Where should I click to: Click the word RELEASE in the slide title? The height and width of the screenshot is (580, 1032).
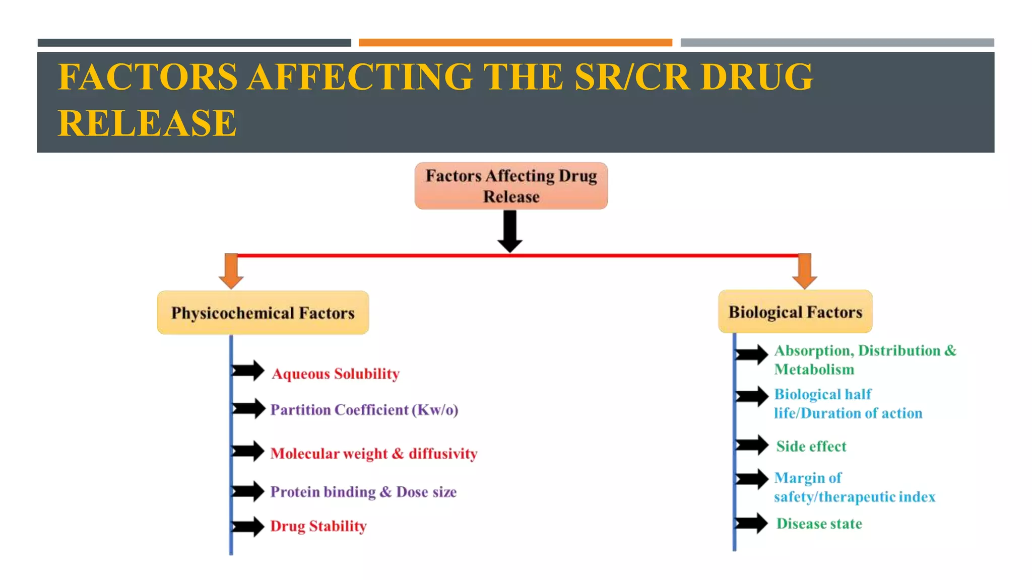tap(147, 123)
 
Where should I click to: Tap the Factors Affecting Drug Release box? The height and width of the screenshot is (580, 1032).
tap(511, 186)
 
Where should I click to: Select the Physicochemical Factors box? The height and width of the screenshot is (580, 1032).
tap(263, 313)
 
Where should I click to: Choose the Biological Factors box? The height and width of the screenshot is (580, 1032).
tap(795, 312)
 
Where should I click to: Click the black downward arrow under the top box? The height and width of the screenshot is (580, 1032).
tap(510, 232)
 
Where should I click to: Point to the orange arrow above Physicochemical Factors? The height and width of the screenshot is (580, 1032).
tap(231, 271)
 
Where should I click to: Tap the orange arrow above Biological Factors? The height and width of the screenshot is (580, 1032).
tap(805, 271)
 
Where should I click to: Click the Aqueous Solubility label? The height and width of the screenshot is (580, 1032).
tap(336, 374)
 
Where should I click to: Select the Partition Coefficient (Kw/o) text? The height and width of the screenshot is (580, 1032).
tap(364, 410)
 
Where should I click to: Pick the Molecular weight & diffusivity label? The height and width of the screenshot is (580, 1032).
tap(373, 454)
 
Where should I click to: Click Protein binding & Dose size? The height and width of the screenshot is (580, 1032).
tap(363, 492)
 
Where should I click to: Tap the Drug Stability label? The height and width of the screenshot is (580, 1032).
tap(318, 526)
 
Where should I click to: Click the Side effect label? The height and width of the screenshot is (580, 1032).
tap(811, 447)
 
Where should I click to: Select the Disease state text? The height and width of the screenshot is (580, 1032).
tap(819, 524)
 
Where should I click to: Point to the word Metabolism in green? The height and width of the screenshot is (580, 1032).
tap(814, 370)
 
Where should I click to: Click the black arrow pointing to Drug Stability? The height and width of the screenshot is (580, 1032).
tap(248, 527)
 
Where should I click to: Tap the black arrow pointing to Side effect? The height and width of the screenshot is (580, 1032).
tap(752, 445)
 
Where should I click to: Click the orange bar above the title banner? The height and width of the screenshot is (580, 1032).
tap(515, 43)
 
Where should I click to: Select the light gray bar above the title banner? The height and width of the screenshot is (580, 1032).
tap(837, 43)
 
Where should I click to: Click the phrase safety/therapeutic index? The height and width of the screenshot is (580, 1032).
tap(854, 497)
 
